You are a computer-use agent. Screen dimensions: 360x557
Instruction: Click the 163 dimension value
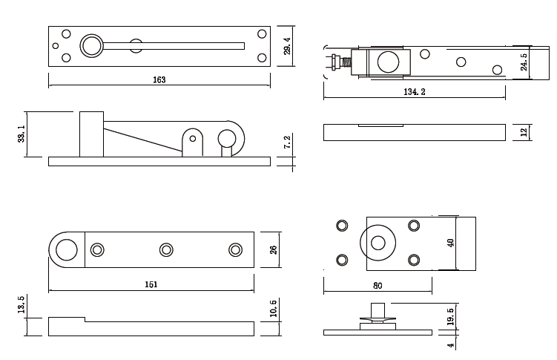[159, 80]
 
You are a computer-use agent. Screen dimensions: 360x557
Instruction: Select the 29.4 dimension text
[288, 46]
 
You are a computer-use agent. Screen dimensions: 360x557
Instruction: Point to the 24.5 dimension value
[524, 62]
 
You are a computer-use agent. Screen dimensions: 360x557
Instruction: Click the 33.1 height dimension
[22, 134]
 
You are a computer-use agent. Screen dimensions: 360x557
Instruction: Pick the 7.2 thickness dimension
[288, 143]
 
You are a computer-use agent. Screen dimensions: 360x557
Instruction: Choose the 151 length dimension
[151, 284]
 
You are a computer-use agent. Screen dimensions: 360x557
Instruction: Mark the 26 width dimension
[272, 249]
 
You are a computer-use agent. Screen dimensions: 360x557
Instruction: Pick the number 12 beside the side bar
[524, 132]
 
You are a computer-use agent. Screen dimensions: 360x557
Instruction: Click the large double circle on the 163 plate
[93, 46]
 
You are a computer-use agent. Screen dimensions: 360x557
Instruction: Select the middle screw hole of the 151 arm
[166, 249]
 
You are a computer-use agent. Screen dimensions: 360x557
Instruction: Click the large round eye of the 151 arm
[66, 249]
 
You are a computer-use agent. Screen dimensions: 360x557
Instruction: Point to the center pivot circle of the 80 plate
[378, 243]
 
